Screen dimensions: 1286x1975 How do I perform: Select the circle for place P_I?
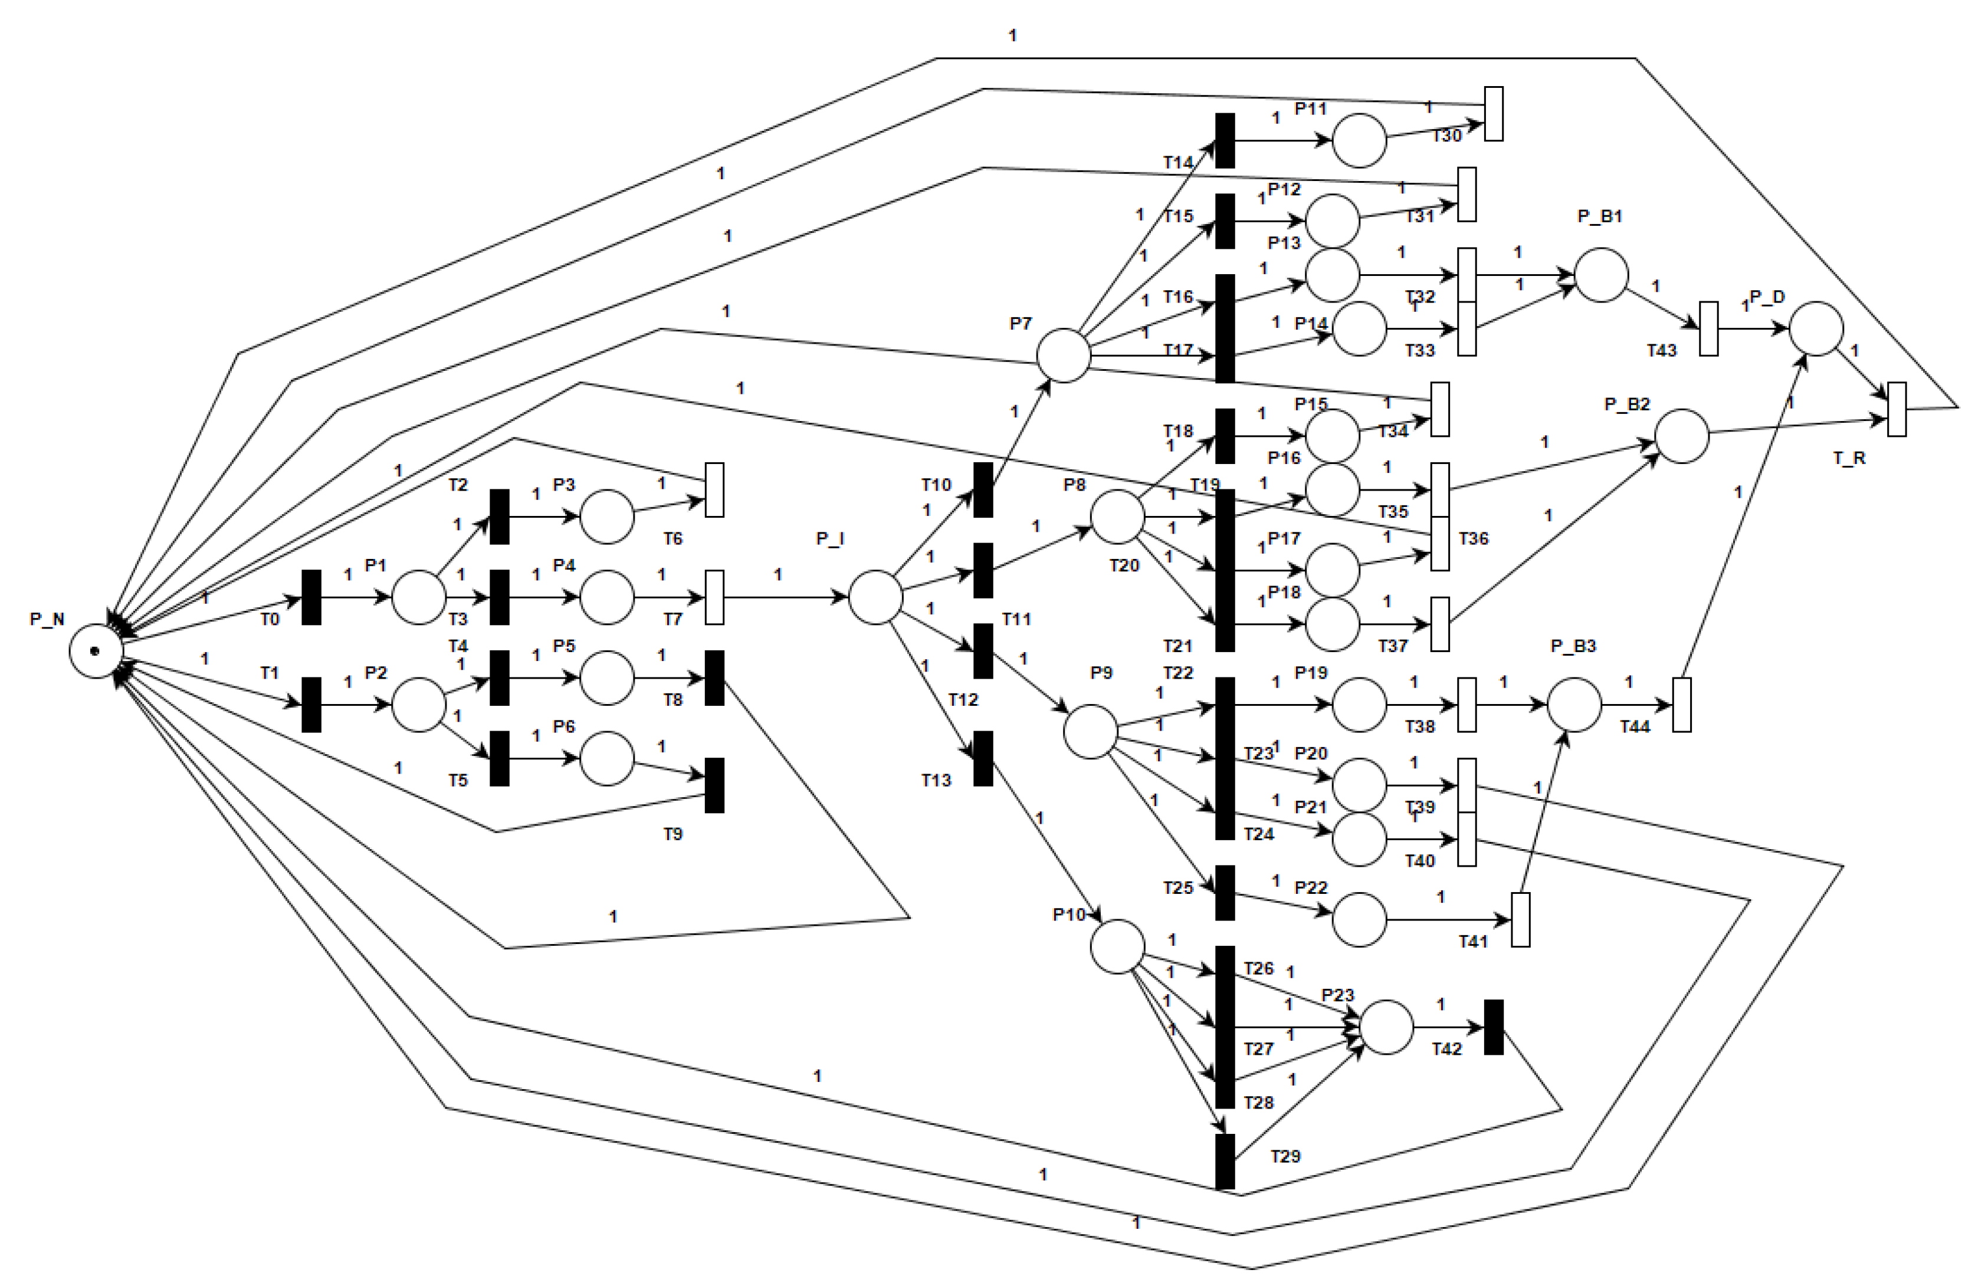tap(875, 597)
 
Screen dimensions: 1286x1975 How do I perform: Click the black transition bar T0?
tap(311, 597)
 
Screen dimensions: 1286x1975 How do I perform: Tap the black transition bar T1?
tap(311, 705)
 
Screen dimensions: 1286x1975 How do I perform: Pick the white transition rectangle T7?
tap(714, 597)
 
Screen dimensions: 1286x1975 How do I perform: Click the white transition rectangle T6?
tap(714, 489)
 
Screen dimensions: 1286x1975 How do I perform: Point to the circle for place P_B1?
tap(1601, 275)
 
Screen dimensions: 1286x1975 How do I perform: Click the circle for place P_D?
tap(1816, 328)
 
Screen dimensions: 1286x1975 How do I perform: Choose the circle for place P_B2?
tap(1682, 436)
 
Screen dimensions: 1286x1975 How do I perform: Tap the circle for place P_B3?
tap(1574, 705)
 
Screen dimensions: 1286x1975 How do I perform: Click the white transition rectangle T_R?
tap(1897, 409)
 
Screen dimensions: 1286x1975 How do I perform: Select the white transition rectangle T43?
tap(1708, 328)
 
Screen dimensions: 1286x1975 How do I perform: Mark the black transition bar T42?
tap(1494, 1027)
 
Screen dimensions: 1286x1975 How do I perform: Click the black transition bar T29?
tap(1225, 1162)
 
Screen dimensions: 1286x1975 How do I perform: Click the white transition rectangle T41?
tap(1520, 919)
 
